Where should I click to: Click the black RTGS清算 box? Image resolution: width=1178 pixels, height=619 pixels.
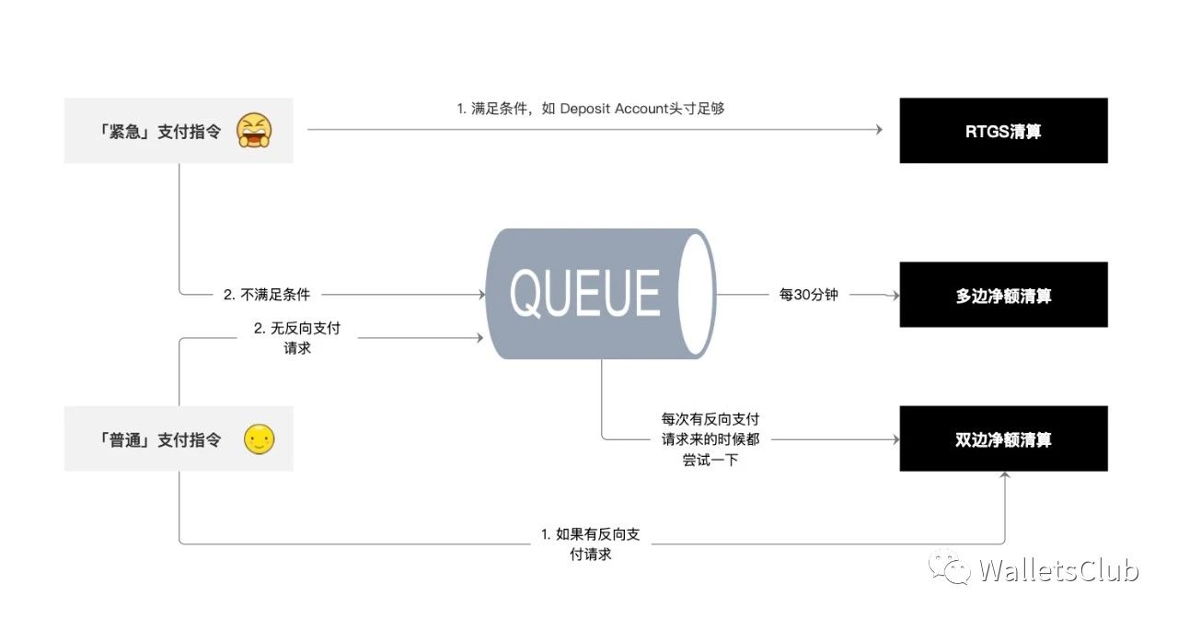(x=1003, y=131)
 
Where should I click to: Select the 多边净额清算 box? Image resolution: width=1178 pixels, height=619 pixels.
(x=1003, y=295)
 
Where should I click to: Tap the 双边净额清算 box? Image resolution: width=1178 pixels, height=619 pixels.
(x=1003, y=439)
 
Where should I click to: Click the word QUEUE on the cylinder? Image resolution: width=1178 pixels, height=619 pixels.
(x=585, y=293)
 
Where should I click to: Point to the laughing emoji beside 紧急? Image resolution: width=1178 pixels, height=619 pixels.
(x=253, y=131)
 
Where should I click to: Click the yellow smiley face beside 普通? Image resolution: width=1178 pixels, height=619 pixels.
(x=260, y=439)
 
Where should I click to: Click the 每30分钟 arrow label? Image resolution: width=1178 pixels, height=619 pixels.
(x=808, y=295)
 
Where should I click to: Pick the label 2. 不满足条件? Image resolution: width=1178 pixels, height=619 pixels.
(x=267, y=295)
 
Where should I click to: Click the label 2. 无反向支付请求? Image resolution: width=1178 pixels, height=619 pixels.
(x=297, y=338)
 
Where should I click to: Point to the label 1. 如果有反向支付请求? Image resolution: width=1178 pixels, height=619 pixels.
(x=590, y=544)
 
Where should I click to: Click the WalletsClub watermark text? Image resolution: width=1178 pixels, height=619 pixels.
(x=1058, y=570)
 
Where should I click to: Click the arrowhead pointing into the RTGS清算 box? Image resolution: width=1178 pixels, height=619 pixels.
(x=879, y=131)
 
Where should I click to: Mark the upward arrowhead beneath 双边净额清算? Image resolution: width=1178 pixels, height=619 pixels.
(x=1004, y=476)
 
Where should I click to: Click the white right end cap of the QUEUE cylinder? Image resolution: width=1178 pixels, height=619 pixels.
(x=700, y=294)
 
